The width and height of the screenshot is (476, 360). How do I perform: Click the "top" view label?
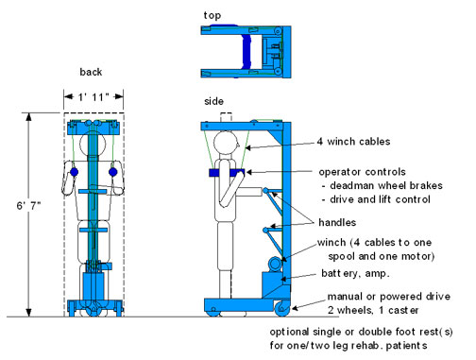(x=212, y=15)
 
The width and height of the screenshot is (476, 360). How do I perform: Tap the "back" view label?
(x=91, y=72)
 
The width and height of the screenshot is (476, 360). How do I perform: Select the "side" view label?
(x=213, y=101)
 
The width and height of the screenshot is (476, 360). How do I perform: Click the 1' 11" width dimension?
(x=93, y=96)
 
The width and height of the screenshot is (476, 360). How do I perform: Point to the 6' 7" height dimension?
(x=28, y=206)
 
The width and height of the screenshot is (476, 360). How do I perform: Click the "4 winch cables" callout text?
(x=353, y=142)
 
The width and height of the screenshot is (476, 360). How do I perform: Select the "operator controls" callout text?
(x=362, y=172)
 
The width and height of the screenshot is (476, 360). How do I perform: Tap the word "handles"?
(x=337, y=222)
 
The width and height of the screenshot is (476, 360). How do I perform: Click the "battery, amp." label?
(x=355, y=273)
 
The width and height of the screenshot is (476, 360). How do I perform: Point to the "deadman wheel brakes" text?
(x=386, y=185)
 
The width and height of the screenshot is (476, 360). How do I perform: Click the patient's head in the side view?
(x=225, y=142)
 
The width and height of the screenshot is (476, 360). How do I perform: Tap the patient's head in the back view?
(x=93, y=144)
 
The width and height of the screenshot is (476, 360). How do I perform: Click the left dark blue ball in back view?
(x=74, y=172)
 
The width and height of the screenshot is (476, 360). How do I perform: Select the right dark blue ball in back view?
(x=112, y=172)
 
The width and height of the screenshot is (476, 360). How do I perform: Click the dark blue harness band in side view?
(x=227, y=173)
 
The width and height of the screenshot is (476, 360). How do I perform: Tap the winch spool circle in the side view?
(x=275, y=264)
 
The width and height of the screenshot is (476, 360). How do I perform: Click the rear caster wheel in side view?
(x=282, y=308)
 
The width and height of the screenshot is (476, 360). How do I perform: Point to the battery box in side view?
(x=273, y=284)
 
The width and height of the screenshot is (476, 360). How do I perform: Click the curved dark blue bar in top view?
(x=246, y=52)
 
